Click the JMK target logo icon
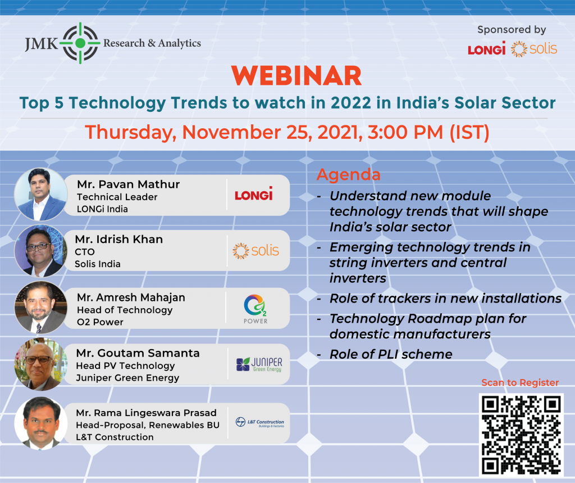click(x=80, y=43)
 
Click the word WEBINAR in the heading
click(x=296, y=76)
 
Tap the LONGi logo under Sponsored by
click(x=487, y=48)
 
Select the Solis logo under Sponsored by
click(x=534, y=49)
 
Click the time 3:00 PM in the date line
click(x=405, y=132)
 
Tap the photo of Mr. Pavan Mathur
click(x=40, y=194)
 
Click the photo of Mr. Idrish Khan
click(x=40, y=251)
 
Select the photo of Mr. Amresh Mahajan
click(x=40, y=307)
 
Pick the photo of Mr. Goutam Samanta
click(x=40, y=364)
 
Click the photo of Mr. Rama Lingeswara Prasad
click(x=40, y=423)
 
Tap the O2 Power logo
click(x=255, y=309)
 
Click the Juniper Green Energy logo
click(x=259, y=364)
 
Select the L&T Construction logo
click(x=259, y=422)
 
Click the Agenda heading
click(x=348, y=174)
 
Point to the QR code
click(x=521, y=435)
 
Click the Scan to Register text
click(x=520, y=382)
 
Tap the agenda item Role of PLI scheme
click(x=391, y=354)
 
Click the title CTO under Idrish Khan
click(x=85, y=252)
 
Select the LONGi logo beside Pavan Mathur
click(x=254, y=194)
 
